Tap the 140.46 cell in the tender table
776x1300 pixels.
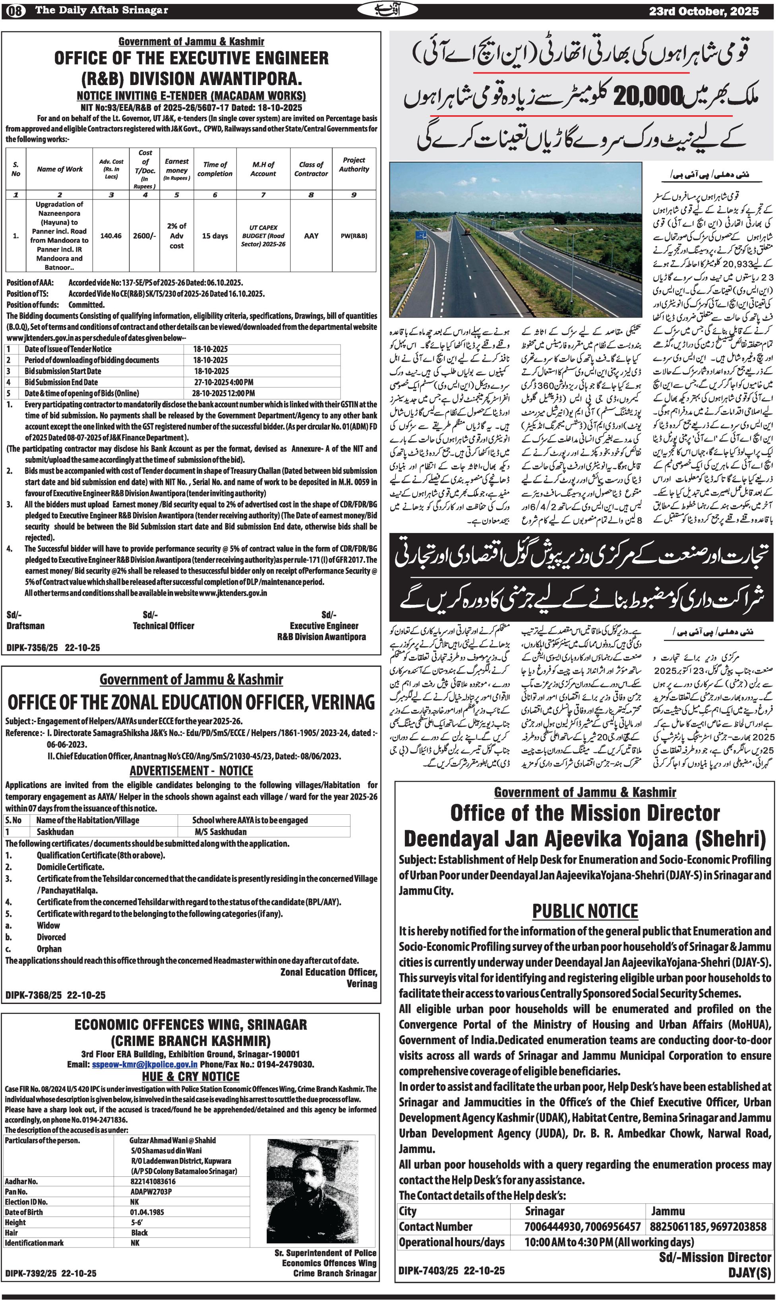111,236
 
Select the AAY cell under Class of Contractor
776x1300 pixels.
311,236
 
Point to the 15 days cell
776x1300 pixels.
215,236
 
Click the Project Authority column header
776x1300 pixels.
354,165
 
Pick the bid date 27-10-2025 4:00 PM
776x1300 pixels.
223,382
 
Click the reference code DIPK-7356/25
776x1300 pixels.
32,647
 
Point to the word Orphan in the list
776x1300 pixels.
49,949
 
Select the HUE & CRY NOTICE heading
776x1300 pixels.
191,1091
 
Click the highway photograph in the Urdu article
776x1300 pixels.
516,240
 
